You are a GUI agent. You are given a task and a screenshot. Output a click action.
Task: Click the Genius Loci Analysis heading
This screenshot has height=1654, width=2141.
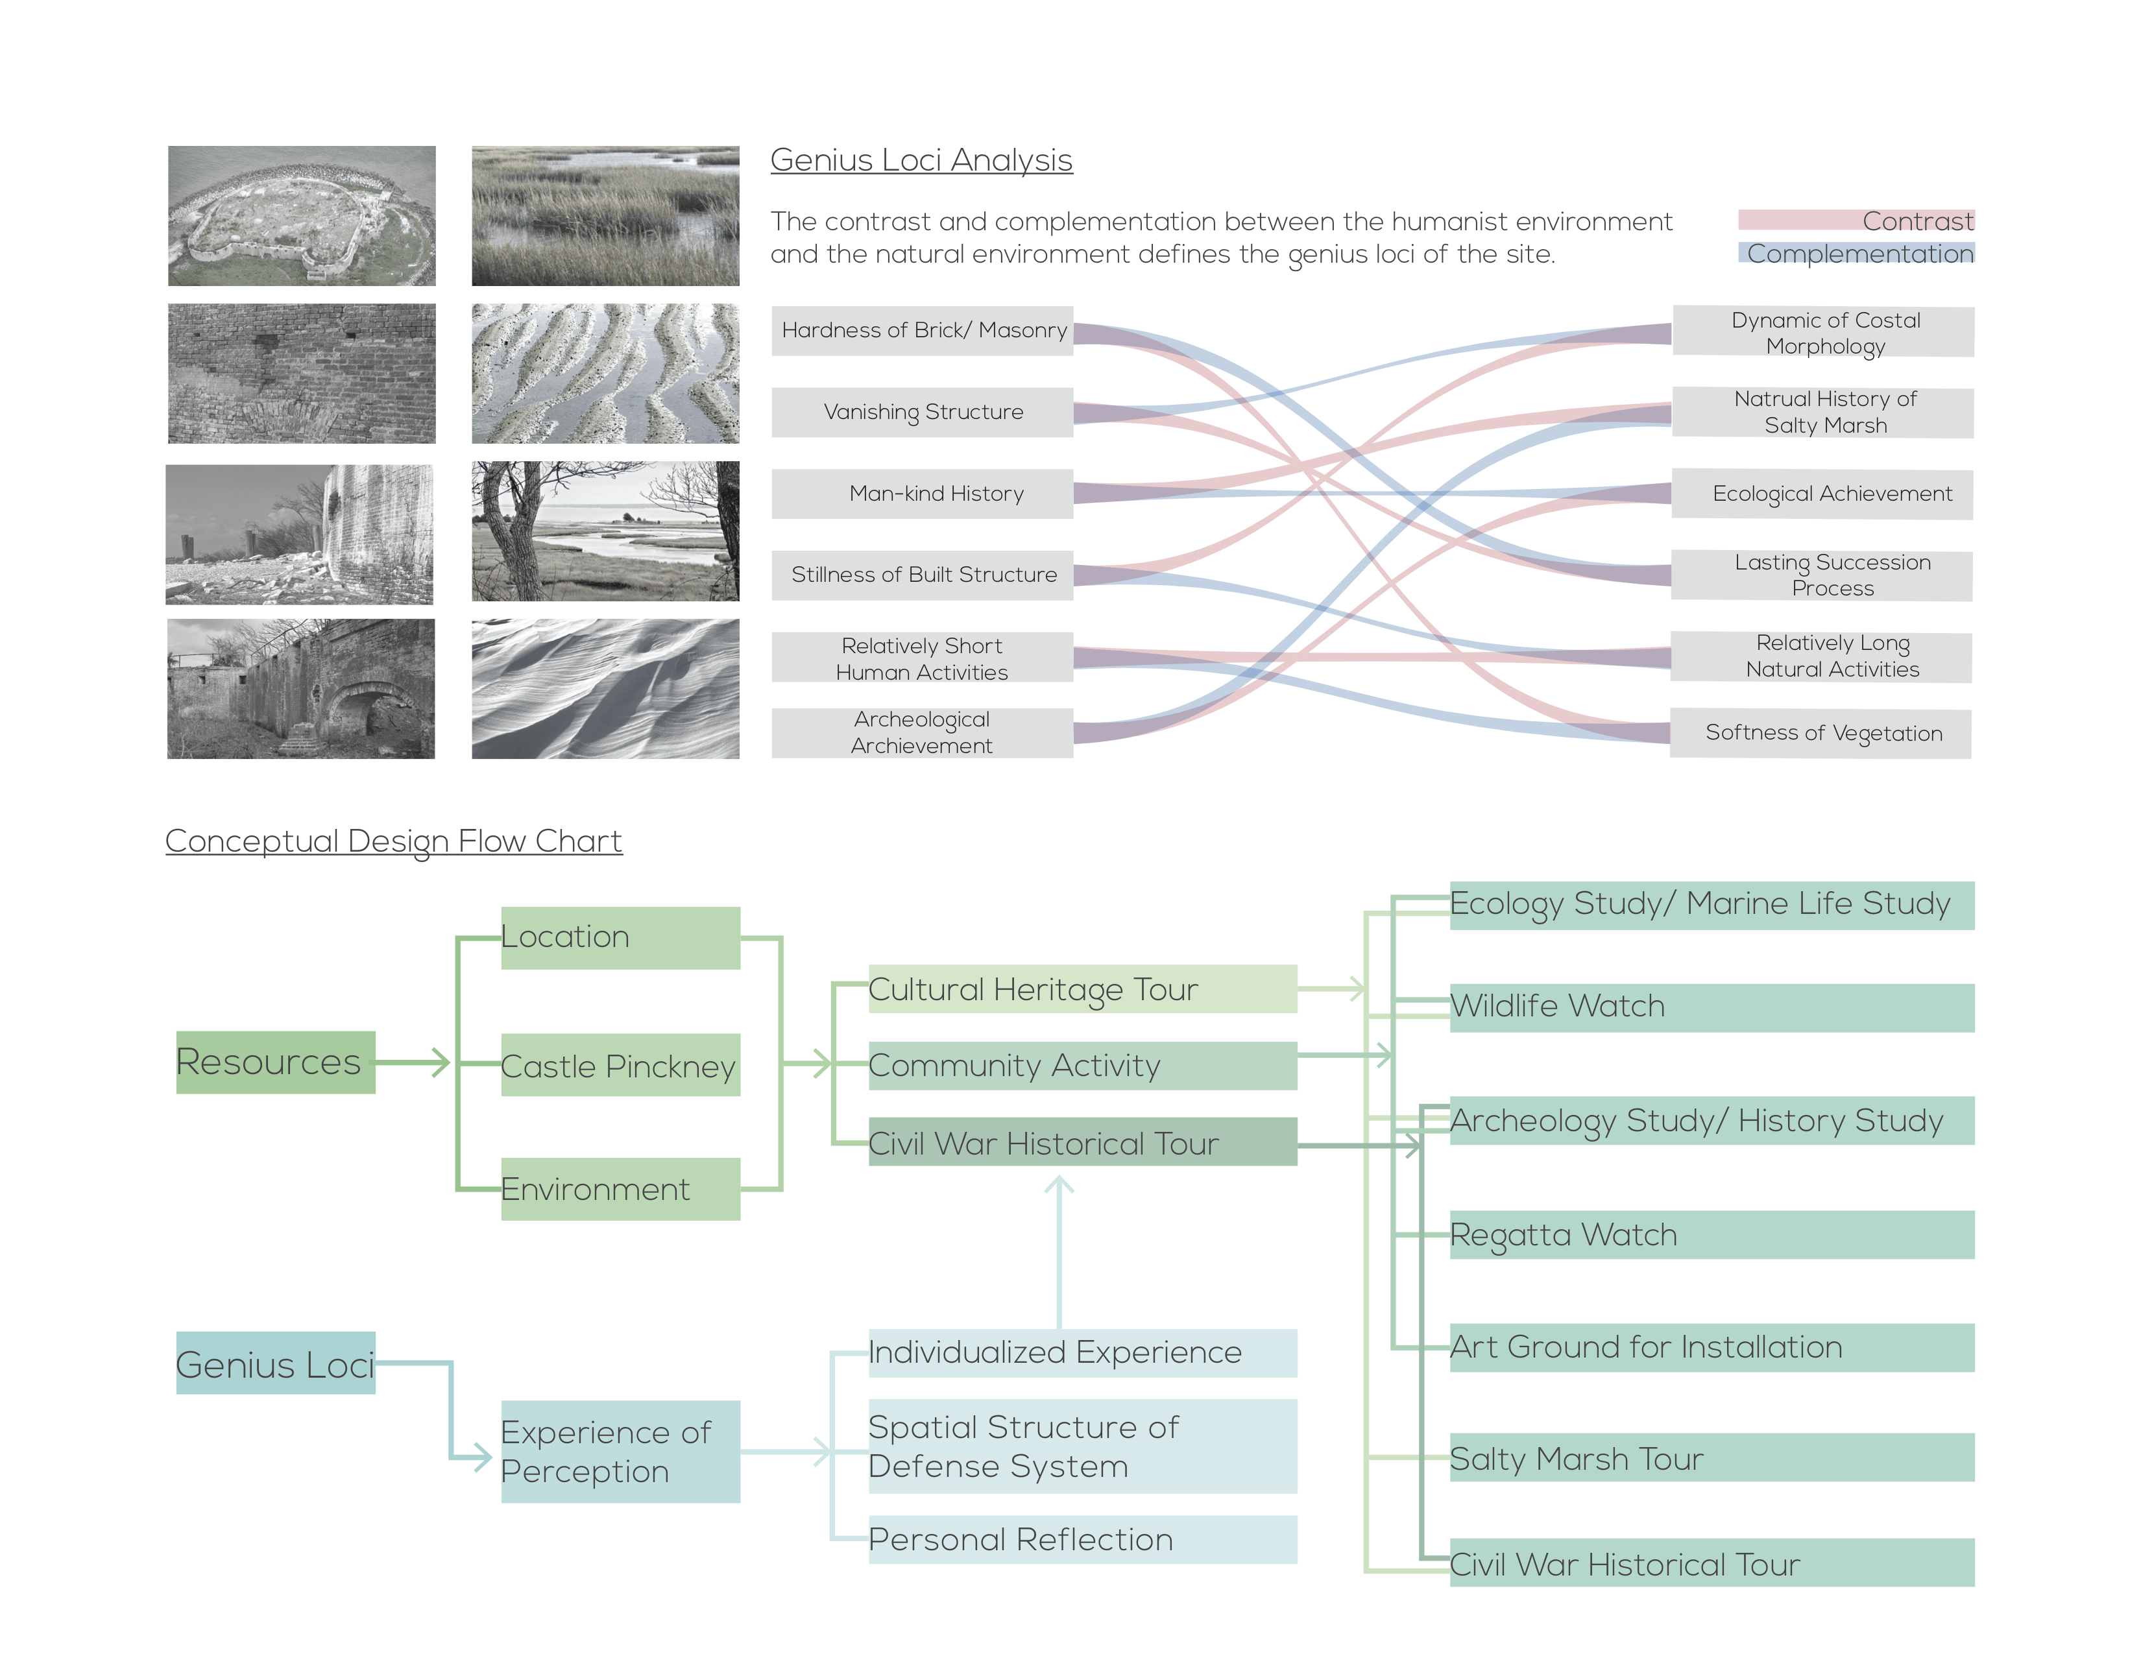(921, 160)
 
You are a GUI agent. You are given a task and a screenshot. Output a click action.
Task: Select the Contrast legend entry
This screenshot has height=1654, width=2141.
(1856, 221)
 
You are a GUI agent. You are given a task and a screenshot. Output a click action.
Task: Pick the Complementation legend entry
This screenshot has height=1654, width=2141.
(1856, 253)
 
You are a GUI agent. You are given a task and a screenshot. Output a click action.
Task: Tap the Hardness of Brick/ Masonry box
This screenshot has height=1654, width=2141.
(923, 330)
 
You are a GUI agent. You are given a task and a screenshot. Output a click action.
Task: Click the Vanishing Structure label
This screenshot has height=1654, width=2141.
(923, 411)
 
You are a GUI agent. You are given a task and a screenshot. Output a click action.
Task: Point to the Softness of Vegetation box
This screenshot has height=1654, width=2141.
(1821, 733)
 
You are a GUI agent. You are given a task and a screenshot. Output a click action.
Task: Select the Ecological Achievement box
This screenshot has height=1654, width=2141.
(1822, 494)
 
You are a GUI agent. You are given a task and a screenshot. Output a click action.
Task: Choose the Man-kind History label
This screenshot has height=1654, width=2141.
(936, 493)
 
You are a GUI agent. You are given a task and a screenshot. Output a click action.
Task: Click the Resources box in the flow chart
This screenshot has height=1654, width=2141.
(276, 1062)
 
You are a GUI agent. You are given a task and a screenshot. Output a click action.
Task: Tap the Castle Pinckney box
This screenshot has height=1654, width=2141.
(620, 1065)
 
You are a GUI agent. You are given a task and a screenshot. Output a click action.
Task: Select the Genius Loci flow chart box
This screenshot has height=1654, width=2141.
(276, 1363)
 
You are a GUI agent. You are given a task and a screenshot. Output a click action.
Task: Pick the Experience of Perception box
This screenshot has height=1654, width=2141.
(620, 1451)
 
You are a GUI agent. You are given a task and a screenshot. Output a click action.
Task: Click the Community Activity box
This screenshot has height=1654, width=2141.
(1082, 1065)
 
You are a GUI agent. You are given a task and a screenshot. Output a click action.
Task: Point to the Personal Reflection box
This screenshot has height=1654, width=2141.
(1082, 1539)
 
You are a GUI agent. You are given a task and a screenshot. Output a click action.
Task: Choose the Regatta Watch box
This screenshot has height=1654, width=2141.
(1712, 1234)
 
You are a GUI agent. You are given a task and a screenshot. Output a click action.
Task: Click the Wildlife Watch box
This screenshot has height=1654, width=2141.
(1712, 1007)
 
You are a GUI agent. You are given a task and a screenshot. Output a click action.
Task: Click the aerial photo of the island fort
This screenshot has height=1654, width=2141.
(302, 215)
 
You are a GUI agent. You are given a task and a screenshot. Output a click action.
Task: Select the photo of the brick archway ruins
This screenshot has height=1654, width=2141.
(301, 688)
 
